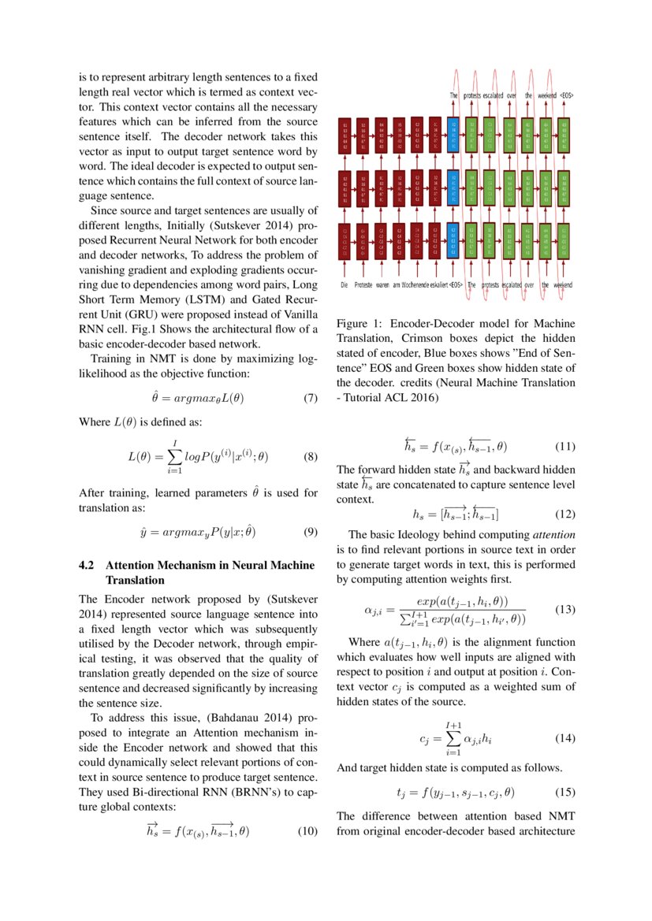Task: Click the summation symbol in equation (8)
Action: tap(176, 456)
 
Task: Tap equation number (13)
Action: tap(565, 610)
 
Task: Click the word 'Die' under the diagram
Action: tap(344, 284)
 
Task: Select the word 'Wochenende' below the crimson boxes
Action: tap(418, 284)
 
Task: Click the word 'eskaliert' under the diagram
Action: tap(440, 284)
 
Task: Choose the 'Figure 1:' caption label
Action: tap(360, 324)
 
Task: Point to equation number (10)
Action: tap(307, 831)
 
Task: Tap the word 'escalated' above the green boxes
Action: tap(494, 95)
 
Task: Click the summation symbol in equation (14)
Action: tap(453, 739)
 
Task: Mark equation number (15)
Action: tap(565, 792)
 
